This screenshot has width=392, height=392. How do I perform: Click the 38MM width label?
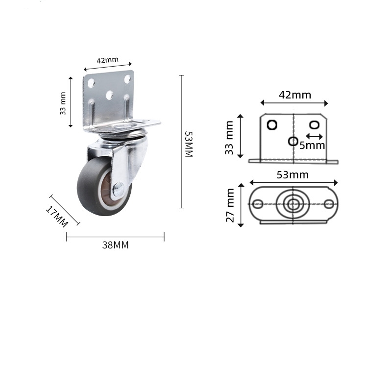[x=115, y=245]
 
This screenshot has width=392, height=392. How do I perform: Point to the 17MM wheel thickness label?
[x=57, y=216]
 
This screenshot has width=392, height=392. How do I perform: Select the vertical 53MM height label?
[x=188, y=144]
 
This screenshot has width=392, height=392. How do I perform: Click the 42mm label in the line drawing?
[x=294, y=95]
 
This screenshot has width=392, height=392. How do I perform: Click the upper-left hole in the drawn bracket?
[x=272, y=124]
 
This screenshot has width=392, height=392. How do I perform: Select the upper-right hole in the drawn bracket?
[x=315, y=124]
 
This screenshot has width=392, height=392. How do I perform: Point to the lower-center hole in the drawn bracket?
[x=293, y=141]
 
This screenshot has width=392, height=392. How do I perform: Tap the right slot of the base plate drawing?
[x=328, y=204]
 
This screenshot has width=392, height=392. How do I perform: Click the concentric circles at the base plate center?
[x=293, y=204]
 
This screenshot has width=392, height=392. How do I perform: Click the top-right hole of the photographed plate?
[x=127, y=78]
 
